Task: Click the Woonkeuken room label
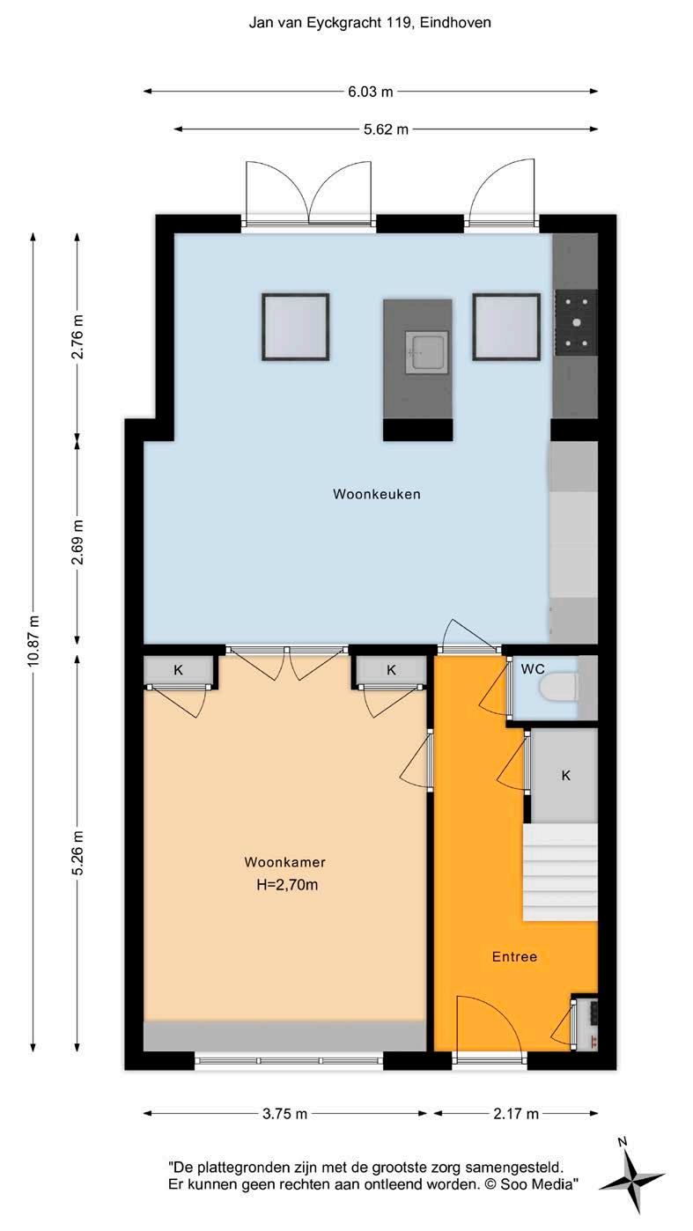tap(377, 494)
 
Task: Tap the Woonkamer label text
tap(284, 862)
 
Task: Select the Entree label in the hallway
tap(514, 957)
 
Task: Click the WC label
tap(533, 669)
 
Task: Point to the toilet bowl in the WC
tap(558, 688)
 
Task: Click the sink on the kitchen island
tap(426, 352)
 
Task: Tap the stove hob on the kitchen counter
tap(575, 321)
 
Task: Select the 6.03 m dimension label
tap(371, 92)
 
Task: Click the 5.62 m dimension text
tap(386, 129)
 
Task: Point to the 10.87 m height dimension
tap(33, 640)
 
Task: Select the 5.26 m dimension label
tap(77, 853)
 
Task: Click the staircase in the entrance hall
tap(559, 872)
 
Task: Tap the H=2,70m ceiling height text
tap(287, 885)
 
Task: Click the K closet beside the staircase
tap(565, 776)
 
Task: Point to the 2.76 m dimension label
tap(77, 336)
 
